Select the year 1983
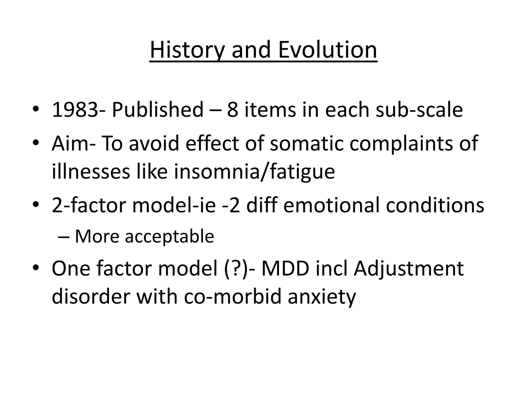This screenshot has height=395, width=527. (75, 110)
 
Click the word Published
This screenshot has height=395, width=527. (157, 110)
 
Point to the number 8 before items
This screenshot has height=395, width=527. (233, 110)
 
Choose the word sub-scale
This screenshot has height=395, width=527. (419, 110)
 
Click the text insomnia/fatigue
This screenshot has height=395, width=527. (254, 172)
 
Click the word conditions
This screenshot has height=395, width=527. (435, 205)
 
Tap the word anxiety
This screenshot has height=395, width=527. (322, 297)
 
